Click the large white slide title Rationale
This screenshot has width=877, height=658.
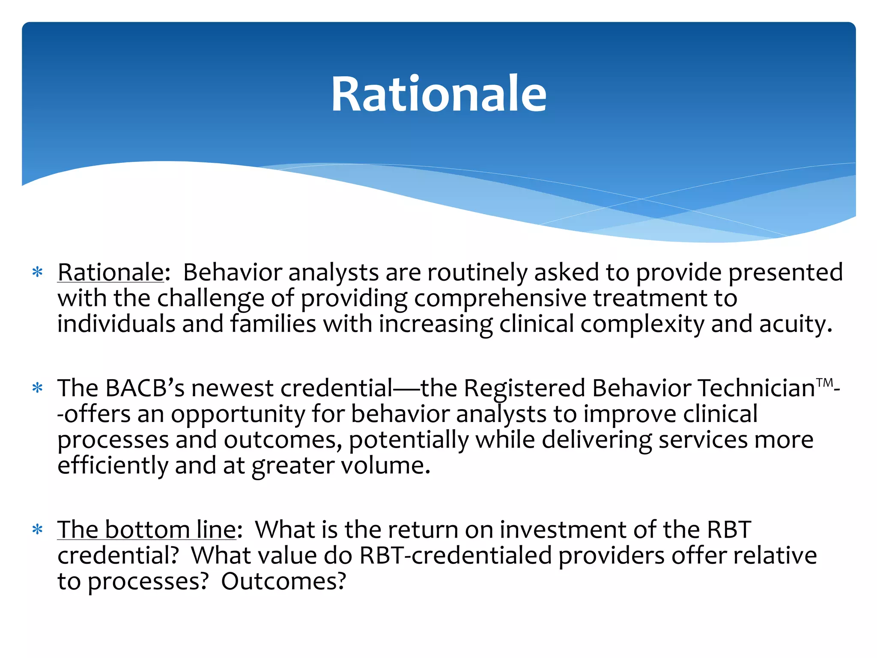pyautogui.click(x=438, y=94)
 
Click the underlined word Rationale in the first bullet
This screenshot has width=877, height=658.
pyautogui.click(x=110, y=272)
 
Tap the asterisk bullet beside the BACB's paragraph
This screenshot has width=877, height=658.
pyautogui.click(x=38, y=389)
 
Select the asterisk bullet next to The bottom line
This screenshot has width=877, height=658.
pyautogui.click(x=38, y=530)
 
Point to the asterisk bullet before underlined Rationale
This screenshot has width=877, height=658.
pyautogui.click(x=38, y=272)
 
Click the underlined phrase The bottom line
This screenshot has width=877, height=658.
pyautogui.click(x=147, y=530)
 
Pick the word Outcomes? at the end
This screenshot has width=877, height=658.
pyautogui.click(x=283, y=582)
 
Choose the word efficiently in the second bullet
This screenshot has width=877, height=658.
pyautogui.click(x=113, y=466)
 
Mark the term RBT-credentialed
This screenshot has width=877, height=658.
pyautogui.click(x=455, y=556)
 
